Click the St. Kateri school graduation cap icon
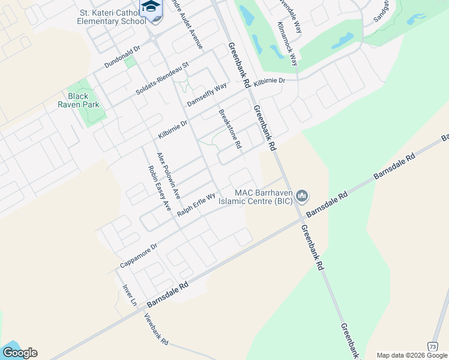point(151,7)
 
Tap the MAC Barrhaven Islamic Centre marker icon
point(302,196)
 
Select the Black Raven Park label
point(77,100)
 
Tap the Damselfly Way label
point(206,95)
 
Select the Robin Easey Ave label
point(159,187)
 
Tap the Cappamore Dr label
point(138,256)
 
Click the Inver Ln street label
point(130,295)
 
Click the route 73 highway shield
point(432,347)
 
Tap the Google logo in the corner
point(19,353)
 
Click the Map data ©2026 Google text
point(412,355)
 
